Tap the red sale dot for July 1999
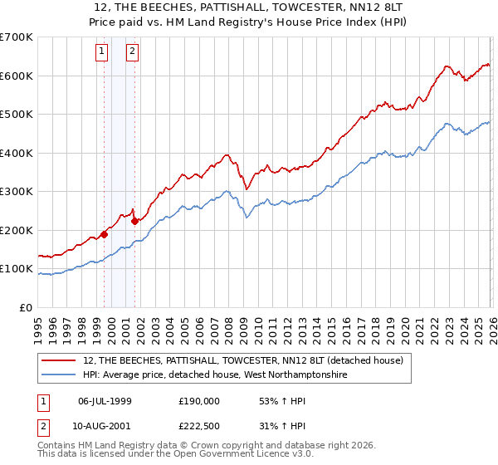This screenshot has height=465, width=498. pos(104,234)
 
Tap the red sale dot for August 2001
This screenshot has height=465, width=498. pos(134,221)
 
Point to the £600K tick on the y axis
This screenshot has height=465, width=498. pos(17,76)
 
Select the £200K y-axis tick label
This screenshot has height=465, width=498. pos(17,230)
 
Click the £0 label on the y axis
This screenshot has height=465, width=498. pos(25,307)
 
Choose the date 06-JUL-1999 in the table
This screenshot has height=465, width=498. pos(105,400)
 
